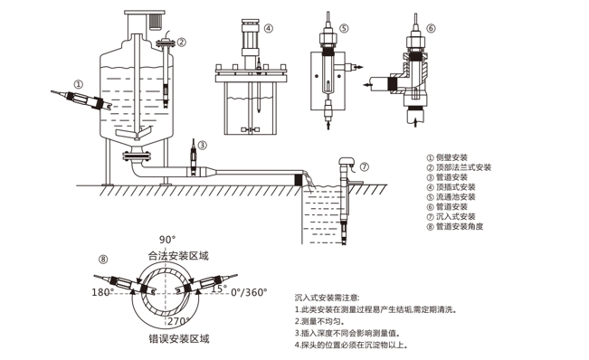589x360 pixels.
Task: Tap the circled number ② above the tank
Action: click(x=182, y=42)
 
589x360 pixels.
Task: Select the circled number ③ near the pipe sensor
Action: click(x=202, y=144)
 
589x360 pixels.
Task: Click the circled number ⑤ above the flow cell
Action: click(x=346, y=28)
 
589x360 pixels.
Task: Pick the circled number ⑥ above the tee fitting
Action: click(x=431, y=28)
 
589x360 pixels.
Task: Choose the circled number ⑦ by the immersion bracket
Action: click(x=364, y=166)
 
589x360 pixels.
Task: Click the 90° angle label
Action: click(x=166, y=239)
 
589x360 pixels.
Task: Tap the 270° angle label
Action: click(x=176, y=321)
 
